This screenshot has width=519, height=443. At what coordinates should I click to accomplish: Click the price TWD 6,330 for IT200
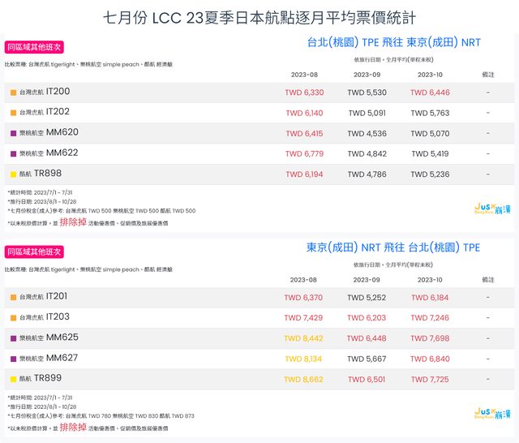(304, 92)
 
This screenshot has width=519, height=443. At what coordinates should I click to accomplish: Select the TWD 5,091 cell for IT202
(367, 113)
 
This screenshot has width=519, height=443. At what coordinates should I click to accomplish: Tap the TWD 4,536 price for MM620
(367, 133)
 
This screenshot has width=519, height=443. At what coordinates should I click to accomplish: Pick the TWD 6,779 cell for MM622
(304, 153)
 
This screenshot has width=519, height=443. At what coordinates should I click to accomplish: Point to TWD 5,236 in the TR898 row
(430, 174)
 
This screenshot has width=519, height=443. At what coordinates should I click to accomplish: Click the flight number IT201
(58, 297)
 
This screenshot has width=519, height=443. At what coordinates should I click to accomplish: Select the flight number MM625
(62, 337)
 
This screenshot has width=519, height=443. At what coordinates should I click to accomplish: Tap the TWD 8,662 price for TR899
(304, 379)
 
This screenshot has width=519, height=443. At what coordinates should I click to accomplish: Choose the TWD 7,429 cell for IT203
(304, 318)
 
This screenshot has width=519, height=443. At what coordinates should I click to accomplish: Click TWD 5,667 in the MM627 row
(367, 359)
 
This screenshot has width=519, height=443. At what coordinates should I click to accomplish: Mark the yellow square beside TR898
(13, 174)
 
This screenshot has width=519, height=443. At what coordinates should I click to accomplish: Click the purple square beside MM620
(13, 133)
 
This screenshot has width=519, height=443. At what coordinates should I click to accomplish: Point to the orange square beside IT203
(13, 318)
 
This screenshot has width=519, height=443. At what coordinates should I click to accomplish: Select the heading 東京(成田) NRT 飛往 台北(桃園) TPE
(392, 247)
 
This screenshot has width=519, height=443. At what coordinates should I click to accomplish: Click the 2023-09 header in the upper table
(367, 75)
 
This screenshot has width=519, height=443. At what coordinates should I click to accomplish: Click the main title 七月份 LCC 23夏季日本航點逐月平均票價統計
(259, 17)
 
